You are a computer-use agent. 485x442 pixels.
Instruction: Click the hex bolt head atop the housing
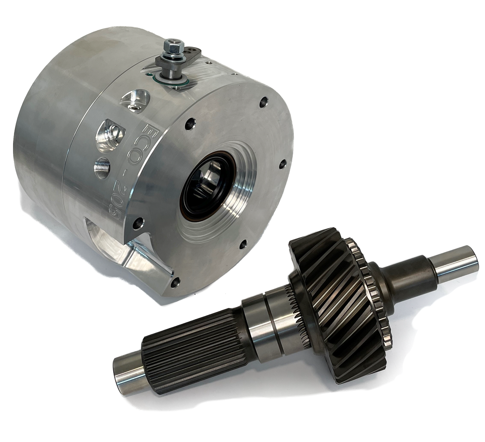tap(173, 45)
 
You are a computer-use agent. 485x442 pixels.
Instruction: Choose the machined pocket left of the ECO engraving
tap(109, 134)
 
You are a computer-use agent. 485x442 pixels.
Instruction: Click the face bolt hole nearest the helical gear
tap(242, 245)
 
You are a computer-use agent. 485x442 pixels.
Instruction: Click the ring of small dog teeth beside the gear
tap(375, 291)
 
